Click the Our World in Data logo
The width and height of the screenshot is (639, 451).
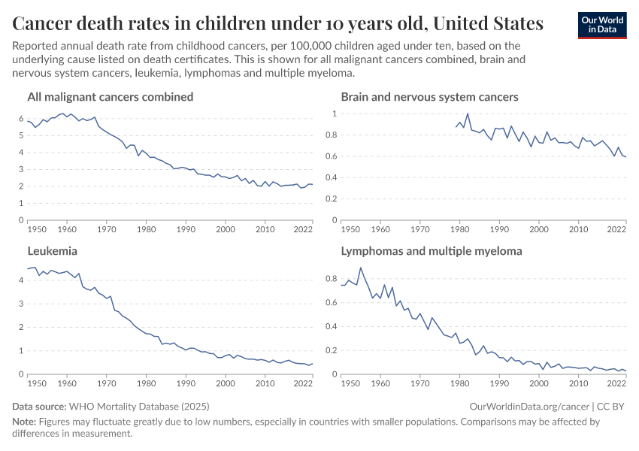click(x=602, y=25)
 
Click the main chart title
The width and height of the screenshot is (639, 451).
click(x=277, y=24)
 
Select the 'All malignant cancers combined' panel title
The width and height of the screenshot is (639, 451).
click(x=110, y=97)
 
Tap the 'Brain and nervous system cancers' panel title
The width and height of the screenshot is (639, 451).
click(x=429, y=97)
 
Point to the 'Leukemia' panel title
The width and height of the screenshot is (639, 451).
click(x=52, y=251)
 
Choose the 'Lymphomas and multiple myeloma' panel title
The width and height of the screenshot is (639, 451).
click(x=432, y=251)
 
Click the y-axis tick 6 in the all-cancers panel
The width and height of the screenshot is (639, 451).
click(x=21, y=119)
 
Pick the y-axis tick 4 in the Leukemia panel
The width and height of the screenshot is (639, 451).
click(x=21, y=280)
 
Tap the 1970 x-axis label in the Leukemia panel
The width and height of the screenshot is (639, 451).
click(x=106, y=383)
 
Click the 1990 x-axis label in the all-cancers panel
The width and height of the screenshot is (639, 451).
click(x=185, y=229)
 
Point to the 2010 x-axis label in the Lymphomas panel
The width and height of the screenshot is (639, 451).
click(x=577, y=383)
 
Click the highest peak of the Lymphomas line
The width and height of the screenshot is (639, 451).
click(x=361, y=268)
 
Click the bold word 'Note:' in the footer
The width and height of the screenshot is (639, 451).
click(x=25, y=422)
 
